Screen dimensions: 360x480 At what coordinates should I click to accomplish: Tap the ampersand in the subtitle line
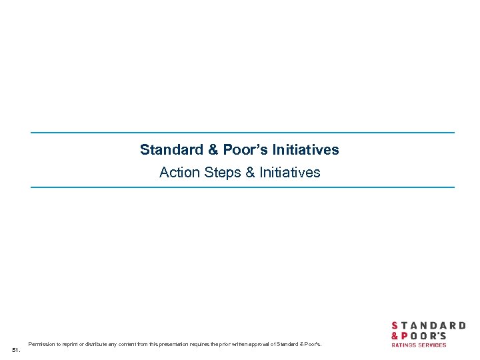[x=250, y=173]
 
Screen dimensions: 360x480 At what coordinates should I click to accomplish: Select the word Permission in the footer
[x=41, y=344]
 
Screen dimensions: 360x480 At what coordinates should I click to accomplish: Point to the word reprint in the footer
[x=69, y=344]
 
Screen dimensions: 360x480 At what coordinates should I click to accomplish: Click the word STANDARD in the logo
[x=428, y=325]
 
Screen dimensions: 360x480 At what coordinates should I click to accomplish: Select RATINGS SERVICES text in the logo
[x=419, y=345]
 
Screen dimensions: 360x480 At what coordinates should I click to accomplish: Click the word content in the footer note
[x=132, y=344]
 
